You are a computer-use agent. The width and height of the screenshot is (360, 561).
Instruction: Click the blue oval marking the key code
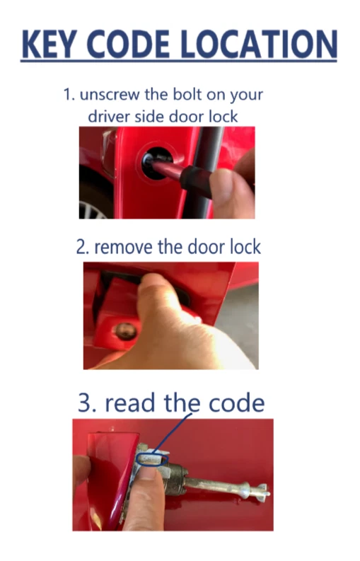151,461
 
